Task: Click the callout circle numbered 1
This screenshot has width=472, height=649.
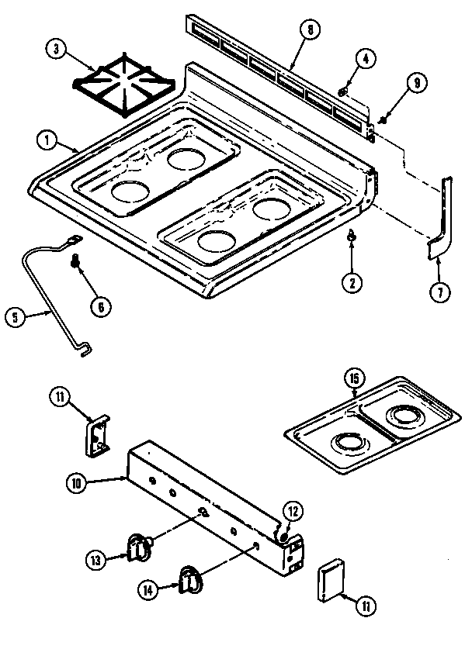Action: click(x=47, y=140)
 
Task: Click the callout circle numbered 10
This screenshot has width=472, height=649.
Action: click(x=75, y=483)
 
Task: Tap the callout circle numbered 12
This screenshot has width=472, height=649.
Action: click(x=292, y=512)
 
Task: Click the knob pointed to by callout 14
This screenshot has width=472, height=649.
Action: click(x=190, y=578)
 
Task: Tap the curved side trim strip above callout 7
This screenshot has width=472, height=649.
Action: click(x=441, y=221)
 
